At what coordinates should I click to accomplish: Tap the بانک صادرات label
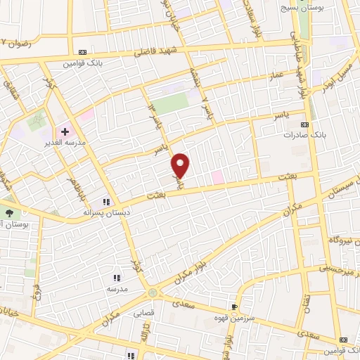[x=302, y=134]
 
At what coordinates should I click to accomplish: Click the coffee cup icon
[x=235, y=307]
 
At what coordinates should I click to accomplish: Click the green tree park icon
[x=8, y=213]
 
